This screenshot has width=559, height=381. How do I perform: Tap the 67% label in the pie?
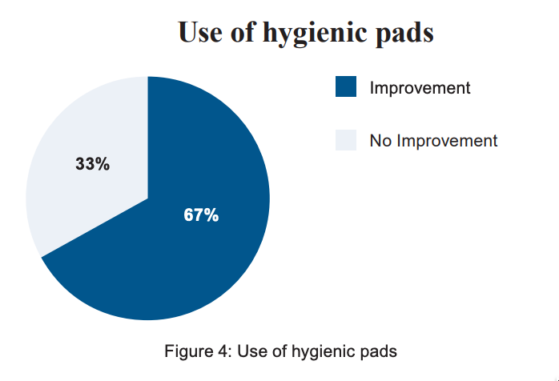pos(201,215)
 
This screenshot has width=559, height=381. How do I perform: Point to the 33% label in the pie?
pos(93,164)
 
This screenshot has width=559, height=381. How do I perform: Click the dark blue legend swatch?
pos(346,86)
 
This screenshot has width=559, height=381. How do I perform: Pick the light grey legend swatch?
pos(346,140)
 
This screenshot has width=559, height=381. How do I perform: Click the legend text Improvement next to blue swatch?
pos(420,88)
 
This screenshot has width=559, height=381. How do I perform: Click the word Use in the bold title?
pos(200,32)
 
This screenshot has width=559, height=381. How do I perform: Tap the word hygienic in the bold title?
pos(315,34)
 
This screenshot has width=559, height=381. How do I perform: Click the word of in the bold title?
pos(243,31)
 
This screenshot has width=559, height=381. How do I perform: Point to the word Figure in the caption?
pos(188,351)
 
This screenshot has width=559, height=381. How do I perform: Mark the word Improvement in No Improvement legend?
pos(447,141)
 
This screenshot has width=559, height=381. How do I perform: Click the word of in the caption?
pos(279,351)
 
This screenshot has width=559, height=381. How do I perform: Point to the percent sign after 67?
pos(211,215)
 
